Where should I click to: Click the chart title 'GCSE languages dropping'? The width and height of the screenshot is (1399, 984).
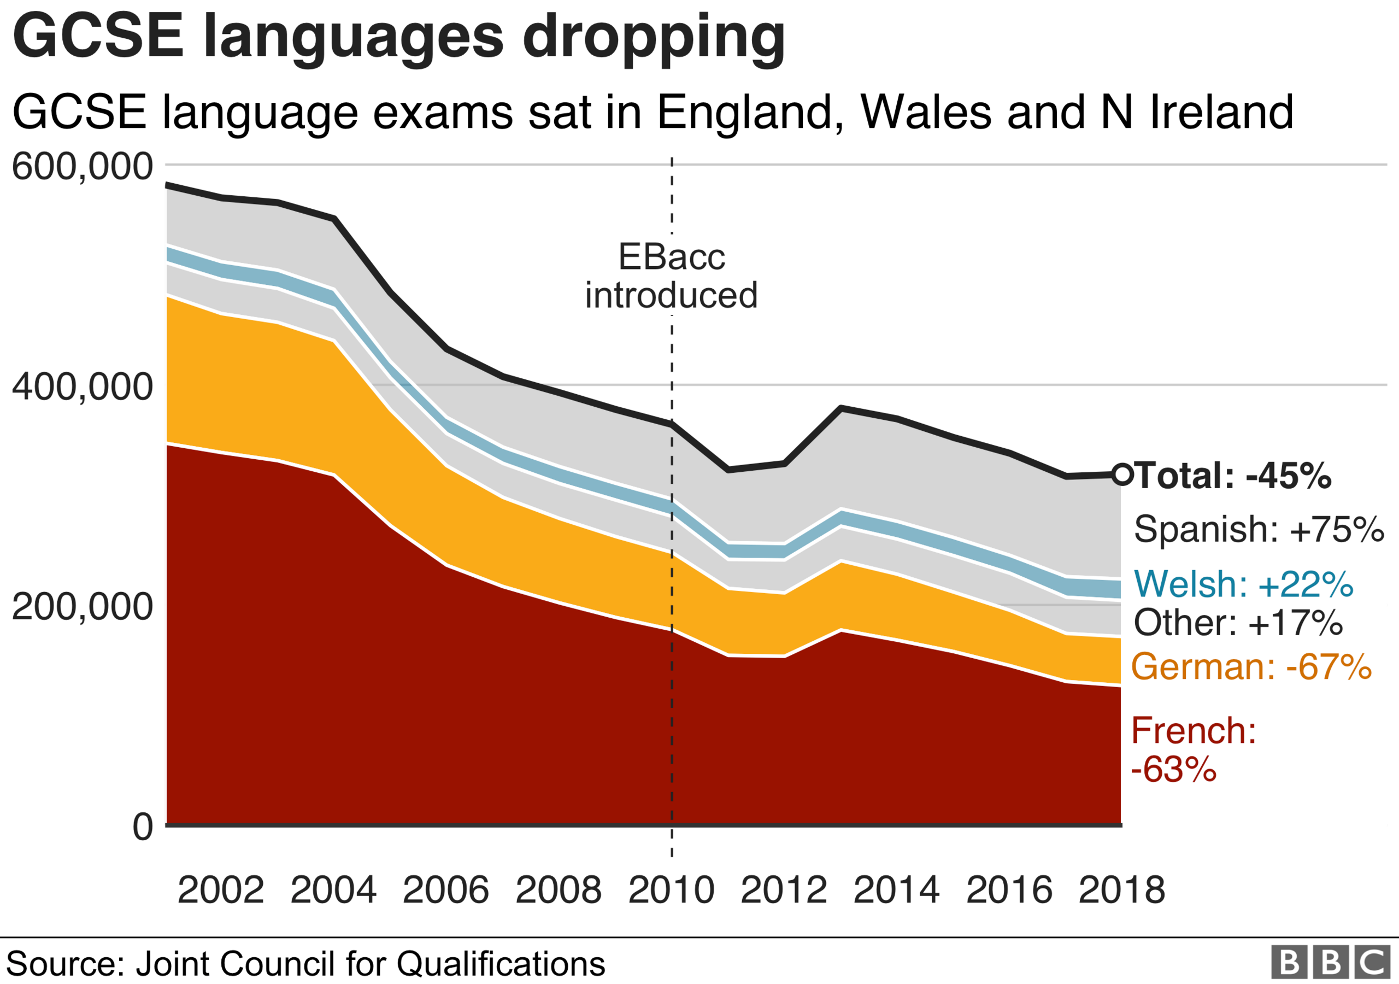point(399,38)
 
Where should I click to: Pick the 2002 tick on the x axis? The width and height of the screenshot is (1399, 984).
point(221,890)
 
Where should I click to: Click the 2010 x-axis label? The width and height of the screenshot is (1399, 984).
point(671,890)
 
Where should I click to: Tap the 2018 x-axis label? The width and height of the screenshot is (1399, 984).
point(1122,890)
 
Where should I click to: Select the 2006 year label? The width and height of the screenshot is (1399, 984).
point(445,890)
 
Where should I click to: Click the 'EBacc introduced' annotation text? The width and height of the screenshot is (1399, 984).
point(672,276)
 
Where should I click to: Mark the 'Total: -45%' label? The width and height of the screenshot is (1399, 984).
point(1233,476)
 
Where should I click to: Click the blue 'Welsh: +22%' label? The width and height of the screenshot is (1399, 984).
point(1244,583)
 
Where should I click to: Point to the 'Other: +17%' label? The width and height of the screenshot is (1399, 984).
point(1238,623)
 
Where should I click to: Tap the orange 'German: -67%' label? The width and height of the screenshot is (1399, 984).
point(1251,666)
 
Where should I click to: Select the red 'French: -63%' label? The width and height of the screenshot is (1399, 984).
point(1193,749)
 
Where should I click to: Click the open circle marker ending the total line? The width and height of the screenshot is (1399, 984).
point(1122,474)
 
